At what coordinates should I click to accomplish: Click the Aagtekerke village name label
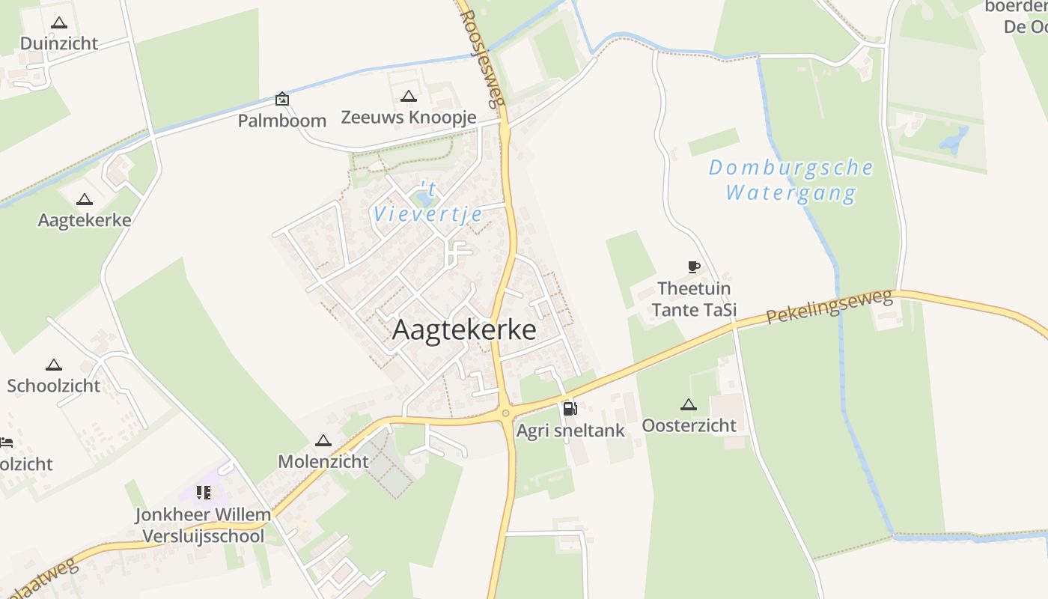point(464,329)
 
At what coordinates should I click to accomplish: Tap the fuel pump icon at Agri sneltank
point(570,408)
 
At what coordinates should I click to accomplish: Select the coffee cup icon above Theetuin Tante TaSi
point(693,267)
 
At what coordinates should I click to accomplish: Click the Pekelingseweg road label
point(829,308)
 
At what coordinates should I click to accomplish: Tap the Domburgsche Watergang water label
point(791,180)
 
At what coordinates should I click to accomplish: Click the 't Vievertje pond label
point(428,202)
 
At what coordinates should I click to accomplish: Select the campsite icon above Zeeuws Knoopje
point(408,96)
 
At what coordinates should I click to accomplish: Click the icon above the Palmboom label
point(282,98)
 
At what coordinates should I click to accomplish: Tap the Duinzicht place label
point(59,43)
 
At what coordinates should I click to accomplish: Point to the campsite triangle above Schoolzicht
point(53,365)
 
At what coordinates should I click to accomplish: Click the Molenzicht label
point(323,461)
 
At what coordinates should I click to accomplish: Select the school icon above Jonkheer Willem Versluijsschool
point(204,493)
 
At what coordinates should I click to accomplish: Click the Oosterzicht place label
point(689,425)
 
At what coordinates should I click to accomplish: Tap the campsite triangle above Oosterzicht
point(689,405)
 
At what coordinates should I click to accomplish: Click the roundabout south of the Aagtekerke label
point(506,413)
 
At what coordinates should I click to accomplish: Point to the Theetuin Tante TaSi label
point(694,299)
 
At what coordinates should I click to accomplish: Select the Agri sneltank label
point(570,431)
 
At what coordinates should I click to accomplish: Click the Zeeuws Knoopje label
point(409,118)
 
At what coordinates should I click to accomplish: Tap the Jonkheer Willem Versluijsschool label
point(203,526)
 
